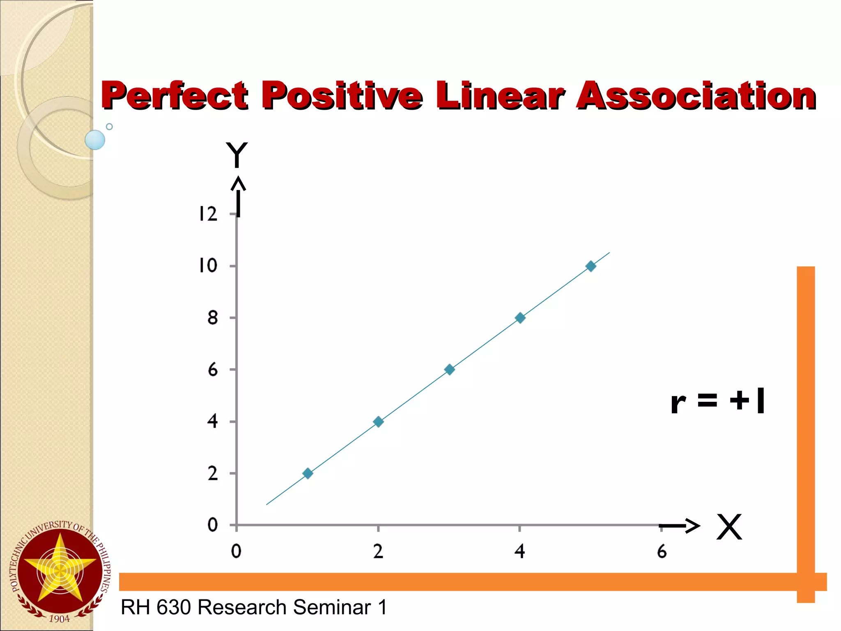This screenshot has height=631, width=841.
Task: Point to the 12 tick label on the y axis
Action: click(x=208, y=214)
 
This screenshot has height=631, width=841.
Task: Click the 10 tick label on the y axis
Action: click(x=208, y=266)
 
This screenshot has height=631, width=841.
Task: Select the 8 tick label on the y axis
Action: click(x=212, y=318)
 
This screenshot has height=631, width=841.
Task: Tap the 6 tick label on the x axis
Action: click(x=662, y=551)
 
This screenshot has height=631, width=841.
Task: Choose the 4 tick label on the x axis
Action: click(x=519, y=551)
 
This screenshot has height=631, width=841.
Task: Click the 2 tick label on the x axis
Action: click(x=378, y=551)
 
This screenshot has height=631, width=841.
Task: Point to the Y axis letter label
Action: click(x=237, y=155)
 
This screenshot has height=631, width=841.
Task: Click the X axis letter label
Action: click(x=729, y=527)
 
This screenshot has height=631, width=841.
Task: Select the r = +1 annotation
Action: click(x=717, y=401)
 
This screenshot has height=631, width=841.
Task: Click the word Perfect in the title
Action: click(x=175, y=95)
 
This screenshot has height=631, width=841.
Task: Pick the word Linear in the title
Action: click(x=499, y=95)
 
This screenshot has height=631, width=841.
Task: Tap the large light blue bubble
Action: click(x=95, y=140)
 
